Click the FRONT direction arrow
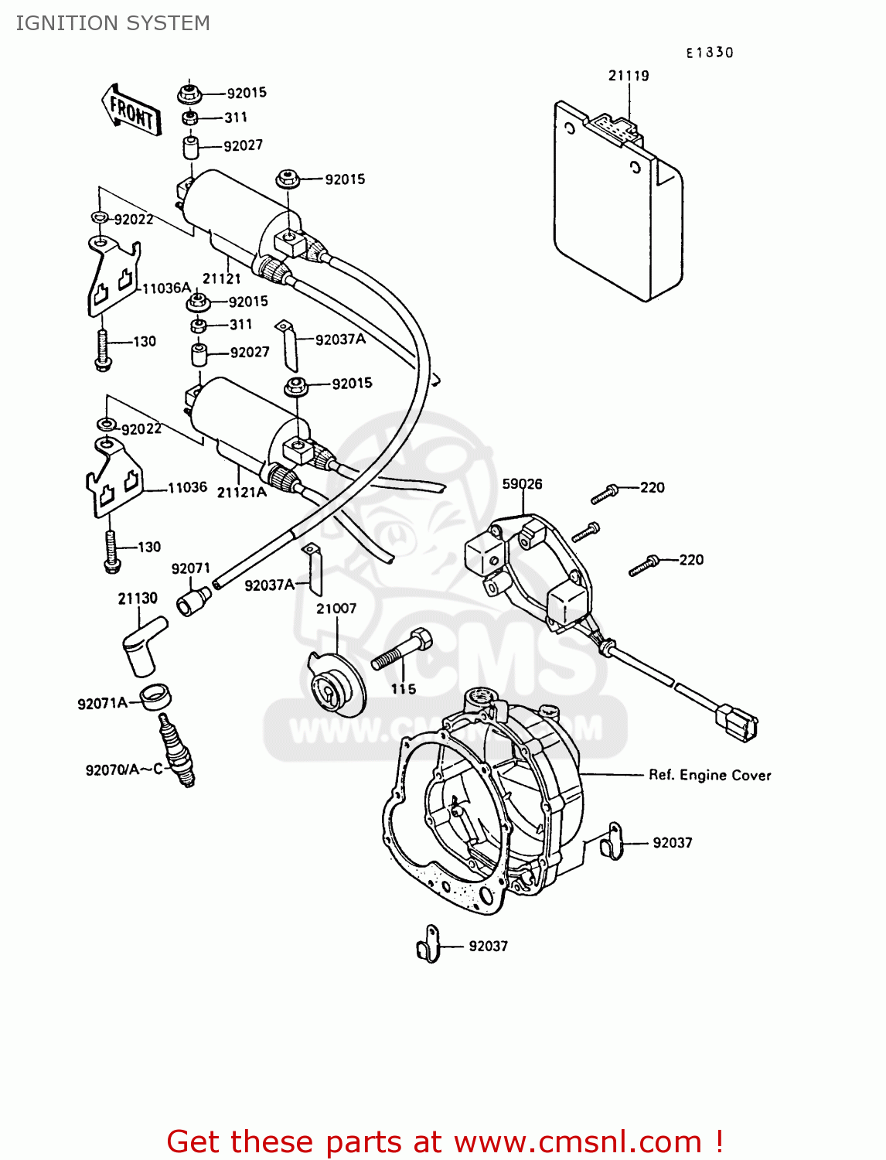click(x=131, y=111)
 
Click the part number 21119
click(x=629, y=76)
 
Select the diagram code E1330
click(x=709, y=53)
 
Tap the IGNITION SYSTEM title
click(x=113, y=23)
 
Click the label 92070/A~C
click(x=124, y=769)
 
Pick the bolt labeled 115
click(x=402, y=650)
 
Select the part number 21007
click(x=336, y=609)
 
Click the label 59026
click(x=522, y=484)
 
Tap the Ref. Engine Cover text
click(x=710, y=775)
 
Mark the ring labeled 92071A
click(x=155, y=697)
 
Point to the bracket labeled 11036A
click(x=113, y=278)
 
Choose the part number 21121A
click(x=241, y=493)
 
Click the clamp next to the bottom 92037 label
click(x=428, y=945)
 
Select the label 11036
click(x=187, y=487)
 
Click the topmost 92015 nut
click(x=189, y=94)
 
